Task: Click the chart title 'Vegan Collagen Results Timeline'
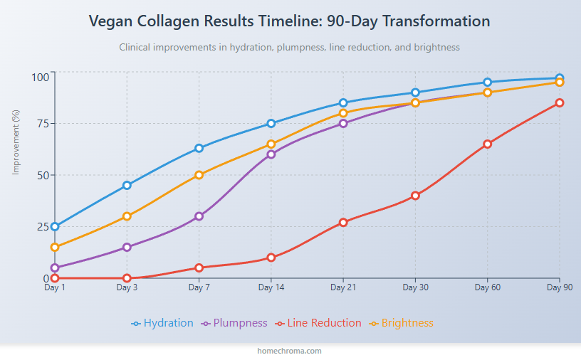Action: coord(290,21)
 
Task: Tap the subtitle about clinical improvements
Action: coord(290,47)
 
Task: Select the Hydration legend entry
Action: coord(162,323)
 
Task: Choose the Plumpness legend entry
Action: coord(235,323)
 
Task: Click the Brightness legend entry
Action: coord(401,323)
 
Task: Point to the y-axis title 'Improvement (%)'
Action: coord(16,142)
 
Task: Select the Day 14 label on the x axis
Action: coord(271,287)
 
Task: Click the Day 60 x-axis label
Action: coord(487,287)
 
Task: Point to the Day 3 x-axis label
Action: coord(127,287)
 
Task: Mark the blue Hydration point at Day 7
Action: coord(199,148)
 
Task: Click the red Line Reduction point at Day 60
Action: coord(487,144)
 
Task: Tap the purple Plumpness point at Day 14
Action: coord(271,154)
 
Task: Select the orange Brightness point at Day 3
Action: coord(127,216)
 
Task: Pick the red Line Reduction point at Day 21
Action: coord(343,222)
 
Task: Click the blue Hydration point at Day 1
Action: coord(55,226)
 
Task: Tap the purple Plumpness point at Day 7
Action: coord(199,216)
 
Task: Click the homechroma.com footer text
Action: coord(290,351)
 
